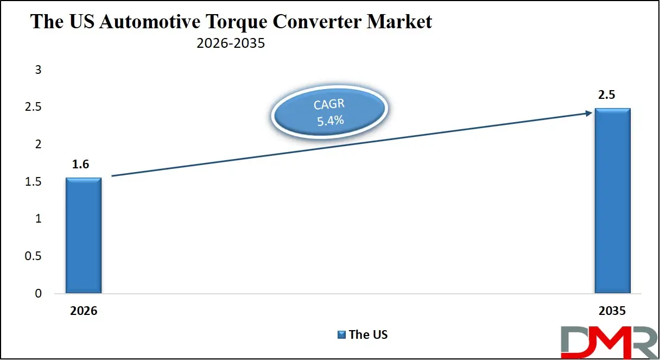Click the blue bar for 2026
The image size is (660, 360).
tap(84, 236)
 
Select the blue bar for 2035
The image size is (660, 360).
tap(612, 201)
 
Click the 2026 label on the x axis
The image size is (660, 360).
tap(84, 312)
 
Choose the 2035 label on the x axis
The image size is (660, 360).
tap(612, 312)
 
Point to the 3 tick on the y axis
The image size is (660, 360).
tap(38, 70)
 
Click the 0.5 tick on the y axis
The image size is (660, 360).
tap(35, 256)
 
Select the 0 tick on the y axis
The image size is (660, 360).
tap(38, 294)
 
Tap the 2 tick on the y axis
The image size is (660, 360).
tap(38, 144)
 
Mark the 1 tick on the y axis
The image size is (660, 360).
tap(38, 219)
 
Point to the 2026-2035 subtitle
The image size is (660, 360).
tap(231, 43)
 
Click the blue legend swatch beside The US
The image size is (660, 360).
tap(342, 334)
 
